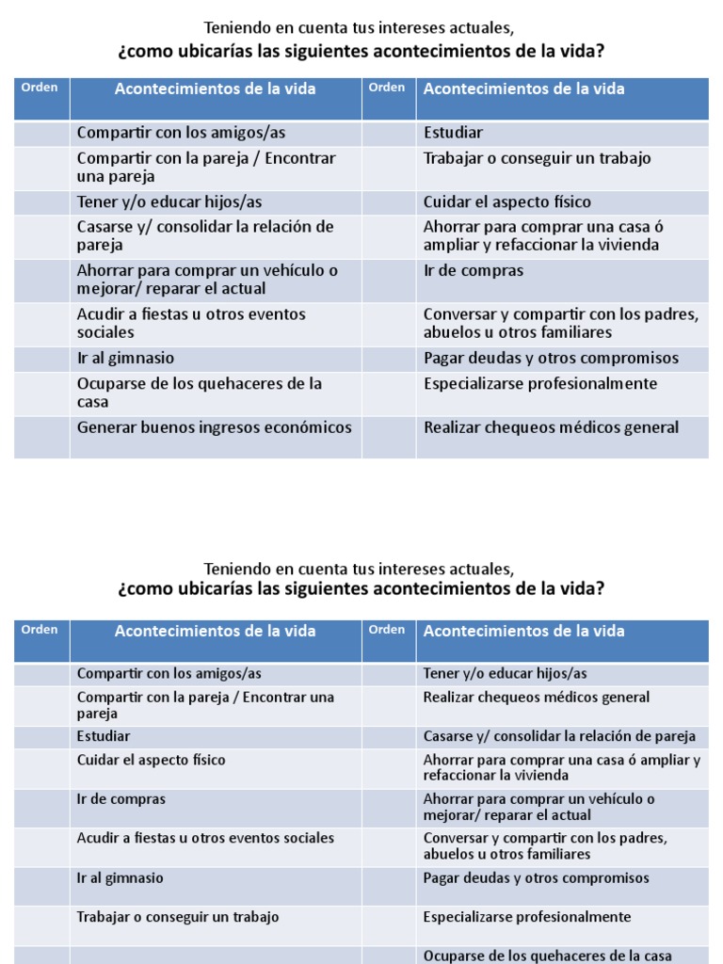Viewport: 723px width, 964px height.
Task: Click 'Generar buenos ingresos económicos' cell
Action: click(215, 428)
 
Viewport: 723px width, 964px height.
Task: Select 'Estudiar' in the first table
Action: click(453, 133)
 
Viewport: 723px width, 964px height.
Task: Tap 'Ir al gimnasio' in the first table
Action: click(125, 359)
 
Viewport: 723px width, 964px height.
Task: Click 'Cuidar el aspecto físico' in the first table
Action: click(506, 202)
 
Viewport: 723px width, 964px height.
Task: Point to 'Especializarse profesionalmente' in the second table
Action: click(527, 917)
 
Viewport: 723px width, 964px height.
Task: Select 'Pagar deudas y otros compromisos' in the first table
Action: click(551, 359)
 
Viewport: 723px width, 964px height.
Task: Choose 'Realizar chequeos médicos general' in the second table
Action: click(537, 698)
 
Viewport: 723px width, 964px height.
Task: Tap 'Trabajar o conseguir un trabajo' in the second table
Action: click(178, 917)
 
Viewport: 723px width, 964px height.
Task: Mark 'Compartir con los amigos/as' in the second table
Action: click(169, 674)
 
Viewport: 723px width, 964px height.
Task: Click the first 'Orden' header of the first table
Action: click(40, 88)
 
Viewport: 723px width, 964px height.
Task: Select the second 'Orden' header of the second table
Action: click(387, 630)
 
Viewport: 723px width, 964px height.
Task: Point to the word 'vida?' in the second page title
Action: click(584, 589)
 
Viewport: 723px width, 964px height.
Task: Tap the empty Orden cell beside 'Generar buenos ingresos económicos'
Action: click(41, 438)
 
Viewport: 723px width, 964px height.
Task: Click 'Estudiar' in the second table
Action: click(104, 736)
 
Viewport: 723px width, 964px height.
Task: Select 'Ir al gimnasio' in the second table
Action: click(120, 878)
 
